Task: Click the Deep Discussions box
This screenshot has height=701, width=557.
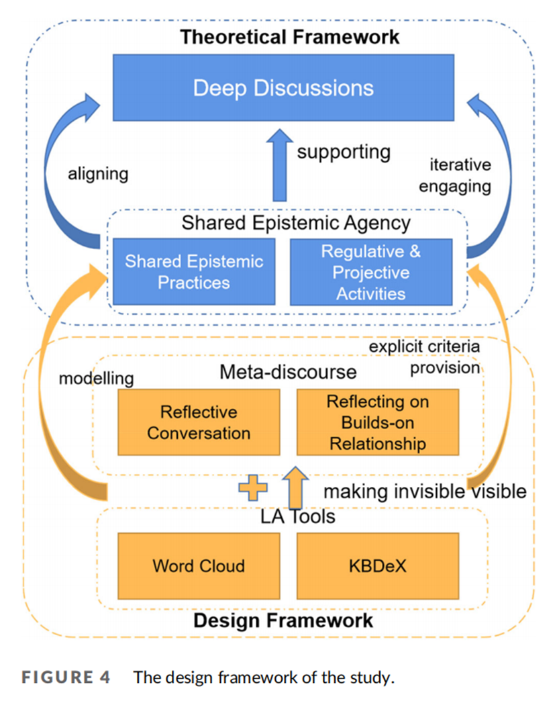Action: pos(283,88)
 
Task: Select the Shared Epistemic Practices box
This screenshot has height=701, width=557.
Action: pos(194,271)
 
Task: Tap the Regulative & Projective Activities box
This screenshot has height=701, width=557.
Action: pos(370,271)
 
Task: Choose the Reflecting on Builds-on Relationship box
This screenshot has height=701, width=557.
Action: pos(377,422)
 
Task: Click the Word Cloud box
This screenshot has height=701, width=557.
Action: pos(198,565)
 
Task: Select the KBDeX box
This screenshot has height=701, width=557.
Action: pos(378,565)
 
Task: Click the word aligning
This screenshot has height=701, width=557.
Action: pos(98,174)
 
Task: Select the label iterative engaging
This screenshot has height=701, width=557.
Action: pos(455,175)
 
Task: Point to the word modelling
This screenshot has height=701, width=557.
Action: pos(96,379)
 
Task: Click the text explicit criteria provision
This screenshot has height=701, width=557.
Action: pos(425,357)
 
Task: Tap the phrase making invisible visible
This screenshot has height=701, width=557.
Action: pos(425,491)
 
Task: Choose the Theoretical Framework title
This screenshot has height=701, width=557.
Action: pos(289,37)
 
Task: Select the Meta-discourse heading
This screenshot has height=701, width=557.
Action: pos(288,371)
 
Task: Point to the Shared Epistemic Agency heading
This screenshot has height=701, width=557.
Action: pos(296,223)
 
